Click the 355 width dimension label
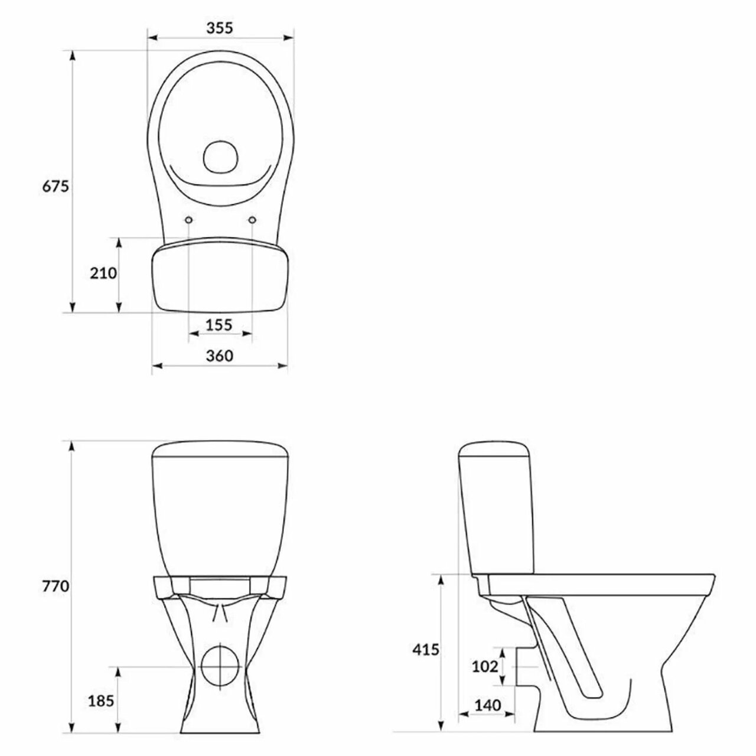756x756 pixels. point(220,27)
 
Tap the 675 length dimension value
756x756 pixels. point(56,186)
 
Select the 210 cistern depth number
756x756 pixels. point(103,273)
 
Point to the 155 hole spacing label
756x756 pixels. point(220,324)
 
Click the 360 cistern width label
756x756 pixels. point(220,356)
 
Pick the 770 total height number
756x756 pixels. point(56,586)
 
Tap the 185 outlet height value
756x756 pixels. point(101,700)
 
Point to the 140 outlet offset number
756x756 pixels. point(487,705)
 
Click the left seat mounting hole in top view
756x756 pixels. point(188,220)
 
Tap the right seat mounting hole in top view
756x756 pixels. point(252,220)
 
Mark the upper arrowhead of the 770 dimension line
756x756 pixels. point(72,447)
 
